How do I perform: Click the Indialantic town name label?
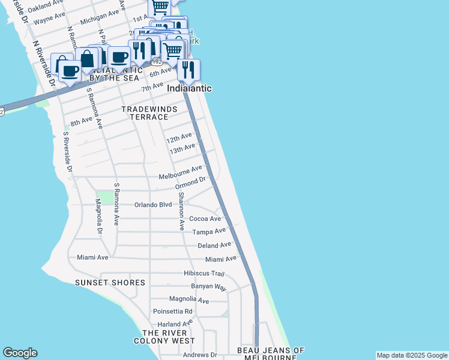(x=189, y=88)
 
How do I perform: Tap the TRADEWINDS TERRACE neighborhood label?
(x=145, y=113)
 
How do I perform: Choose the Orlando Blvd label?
(x=153, y=205)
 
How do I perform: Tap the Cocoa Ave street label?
(x=205, y=219)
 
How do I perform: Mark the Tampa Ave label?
(x=208, y=232)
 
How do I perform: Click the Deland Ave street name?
(x=214, y=245)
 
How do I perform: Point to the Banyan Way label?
(x=208, y=287)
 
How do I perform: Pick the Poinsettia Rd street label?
(x=173, y=311)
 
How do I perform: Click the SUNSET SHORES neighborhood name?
(x=110, y=283)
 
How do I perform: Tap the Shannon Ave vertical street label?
(x=181, y=212)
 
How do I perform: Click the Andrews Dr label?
(x=200, y=355)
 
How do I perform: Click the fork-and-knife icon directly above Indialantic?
(x=188, y=70)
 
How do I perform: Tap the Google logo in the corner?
(x=20, y=353)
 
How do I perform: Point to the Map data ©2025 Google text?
(x=412, y=355)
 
